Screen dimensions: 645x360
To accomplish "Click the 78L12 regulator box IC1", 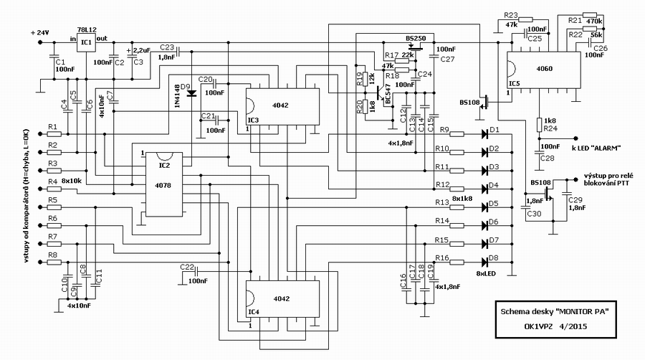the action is click(x=86, y=42).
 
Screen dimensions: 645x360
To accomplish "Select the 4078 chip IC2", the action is click(x=164, y=184).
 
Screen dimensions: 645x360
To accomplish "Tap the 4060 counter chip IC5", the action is click(x=543, y=70).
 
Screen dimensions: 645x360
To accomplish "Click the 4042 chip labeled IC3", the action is click(x=282, y=107).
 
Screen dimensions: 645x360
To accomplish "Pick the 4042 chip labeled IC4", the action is click(x=282, y=299).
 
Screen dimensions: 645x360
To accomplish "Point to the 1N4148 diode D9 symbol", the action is click(x=191, y=93).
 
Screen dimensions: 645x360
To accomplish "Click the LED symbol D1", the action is click(x=484, y=133).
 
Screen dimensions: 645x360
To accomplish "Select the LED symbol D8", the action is click(x=484, y=262).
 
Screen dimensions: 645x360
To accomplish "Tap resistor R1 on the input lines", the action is click(x=54, y=134).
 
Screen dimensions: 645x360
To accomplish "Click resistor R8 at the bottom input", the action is click(x=54, y=262).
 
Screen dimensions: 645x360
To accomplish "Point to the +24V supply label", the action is click(x=40, y=32).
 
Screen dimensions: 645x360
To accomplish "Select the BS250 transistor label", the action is click(x=416, y=38).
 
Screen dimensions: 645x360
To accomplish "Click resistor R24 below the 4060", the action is click(x=539, y=125).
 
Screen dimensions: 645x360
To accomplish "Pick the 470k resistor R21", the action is click(x=590, y=15).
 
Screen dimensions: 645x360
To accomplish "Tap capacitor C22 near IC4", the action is click(x=196, y=271).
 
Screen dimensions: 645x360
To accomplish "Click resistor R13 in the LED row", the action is click(x=457, y=207).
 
